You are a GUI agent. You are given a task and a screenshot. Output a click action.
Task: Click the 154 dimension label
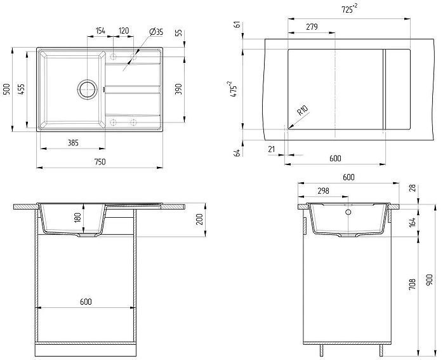coord(100,30)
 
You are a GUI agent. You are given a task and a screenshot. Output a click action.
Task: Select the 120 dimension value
coord(124,30)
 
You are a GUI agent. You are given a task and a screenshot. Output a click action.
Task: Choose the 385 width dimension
coord(72,143)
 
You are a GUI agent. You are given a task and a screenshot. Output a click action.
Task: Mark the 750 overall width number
coord(100,162)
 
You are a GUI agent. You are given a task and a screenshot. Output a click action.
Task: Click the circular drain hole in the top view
coord(88,88)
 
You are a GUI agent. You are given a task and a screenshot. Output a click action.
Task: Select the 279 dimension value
coord(312,27)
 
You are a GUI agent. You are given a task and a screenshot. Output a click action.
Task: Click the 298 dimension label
coord(322,190)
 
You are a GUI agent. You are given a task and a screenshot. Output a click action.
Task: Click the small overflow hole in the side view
coord(347,213)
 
